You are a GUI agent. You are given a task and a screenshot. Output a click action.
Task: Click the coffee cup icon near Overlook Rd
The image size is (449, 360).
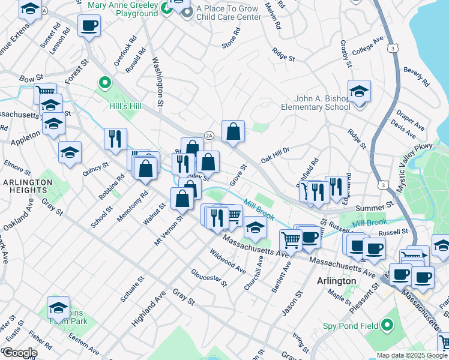pos(89,26)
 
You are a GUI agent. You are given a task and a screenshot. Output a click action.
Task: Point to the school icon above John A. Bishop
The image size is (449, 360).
pos(359,91)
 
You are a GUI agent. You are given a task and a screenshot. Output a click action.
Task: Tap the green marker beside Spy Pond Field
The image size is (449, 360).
pos(387,326)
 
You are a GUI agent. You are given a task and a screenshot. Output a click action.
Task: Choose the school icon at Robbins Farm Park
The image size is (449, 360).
pos(58,308)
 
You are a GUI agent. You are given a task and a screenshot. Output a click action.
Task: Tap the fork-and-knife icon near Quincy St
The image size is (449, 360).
pos(115,137)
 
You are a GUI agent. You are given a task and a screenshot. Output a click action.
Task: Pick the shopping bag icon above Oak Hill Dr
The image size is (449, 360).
pos(233,131)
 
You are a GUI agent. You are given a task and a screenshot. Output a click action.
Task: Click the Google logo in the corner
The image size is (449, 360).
pos(19,353)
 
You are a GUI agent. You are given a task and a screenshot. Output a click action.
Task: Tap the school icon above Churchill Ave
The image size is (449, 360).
pos(255,227)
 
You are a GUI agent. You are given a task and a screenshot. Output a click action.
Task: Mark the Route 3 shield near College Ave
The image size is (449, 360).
pos(393,47)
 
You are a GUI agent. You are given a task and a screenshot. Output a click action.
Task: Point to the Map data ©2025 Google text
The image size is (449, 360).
pos(412,355)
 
